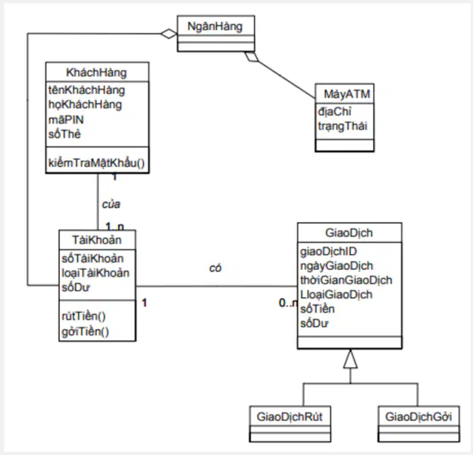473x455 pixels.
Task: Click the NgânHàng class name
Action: click(x=215, y=27)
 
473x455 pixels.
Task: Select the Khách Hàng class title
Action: click(x=96, y=72)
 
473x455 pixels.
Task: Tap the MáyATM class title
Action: click(x=347, y=95)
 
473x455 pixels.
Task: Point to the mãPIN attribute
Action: click(x=66, y=120)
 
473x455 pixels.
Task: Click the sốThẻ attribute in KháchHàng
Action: click(x=64, y=134)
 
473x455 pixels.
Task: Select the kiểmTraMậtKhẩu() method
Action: click(x=96, y=163)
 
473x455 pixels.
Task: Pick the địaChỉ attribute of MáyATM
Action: click(x=334, y=112)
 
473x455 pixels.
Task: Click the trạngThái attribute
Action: click(x=343, y=126)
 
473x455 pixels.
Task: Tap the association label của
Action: click(x=111, y=204)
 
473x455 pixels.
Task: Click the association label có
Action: click(x=215, y=268)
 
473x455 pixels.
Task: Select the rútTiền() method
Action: click(x=84, y=316)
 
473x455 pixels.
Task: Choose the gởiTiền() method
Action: click(x=86, y=331)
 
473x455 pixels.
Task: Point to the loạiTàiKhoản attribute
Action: click(x=96, y=273)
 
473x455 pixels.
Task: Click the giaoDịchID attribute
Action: click(x=328, y=251)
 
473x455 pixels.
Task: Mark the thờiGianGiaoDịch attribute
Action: click(x=346, y=280)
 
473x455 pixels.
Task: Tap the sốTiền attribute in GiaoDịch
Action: click(x=318, y=309)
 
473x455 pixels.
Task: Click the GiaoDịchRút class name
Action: click(x=290, y=416)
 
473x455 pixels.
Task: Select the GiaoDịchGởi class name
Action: click(x=418, y=416)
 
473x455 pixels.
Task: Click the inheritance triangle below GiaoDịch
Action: click(x=350, y=359)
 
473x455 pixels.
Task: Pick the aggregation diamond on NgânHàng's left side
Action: click(x=169, y=33)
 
